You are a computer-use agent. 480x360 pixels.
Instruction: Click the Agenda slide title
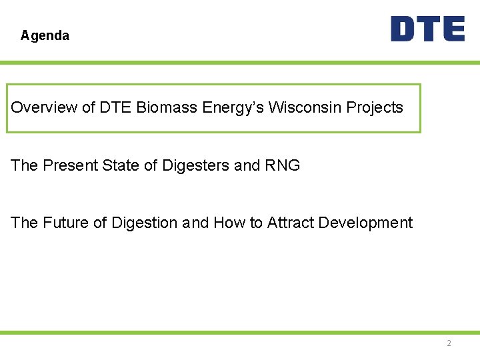pos(45,35)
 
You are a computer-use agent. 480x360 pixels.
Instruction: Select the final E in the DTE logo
pos(453,29)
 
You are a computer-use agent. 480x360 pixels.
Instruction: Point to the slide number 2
pos(449,343)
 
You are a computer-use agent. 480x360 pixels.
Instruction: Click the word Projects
pos(373,108)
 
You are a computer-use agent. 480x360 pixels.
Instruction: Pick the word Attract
pos(290,223)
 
